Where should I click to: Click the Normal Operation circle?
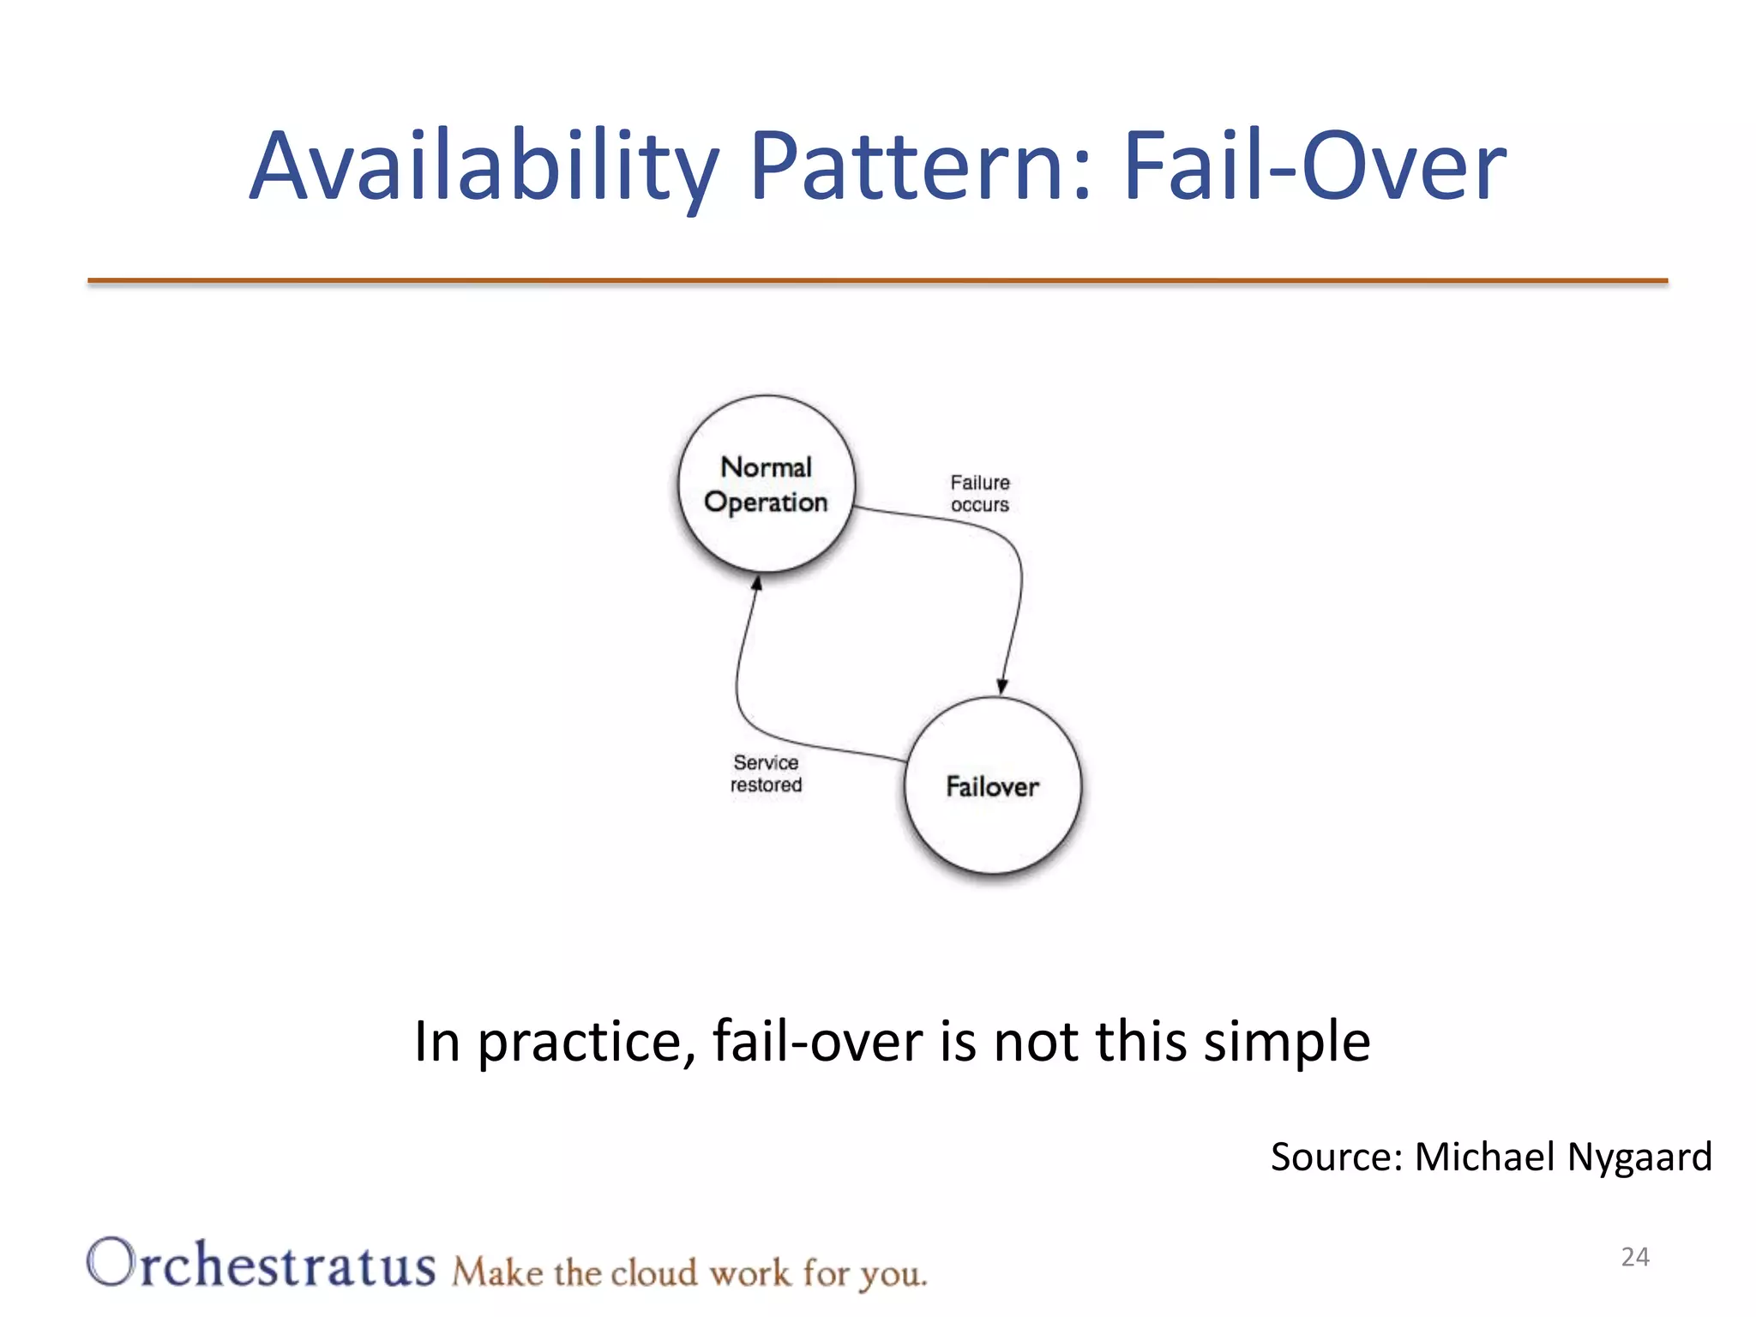[766, 484]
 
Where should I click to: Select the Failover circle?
[993, 786]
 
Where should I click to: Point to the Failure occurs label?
[980, 494]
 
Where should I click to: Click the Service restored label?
[766, 773]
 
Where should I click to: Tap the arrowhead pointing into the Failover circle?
[1001, 686]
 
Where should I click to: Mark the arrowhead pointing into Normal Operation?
[756, 584]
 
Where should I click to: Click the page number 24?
[1635, 1257]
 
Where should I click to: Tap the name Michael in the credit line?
[1484, 1158]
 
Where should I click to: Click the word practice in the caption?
[587, 1043]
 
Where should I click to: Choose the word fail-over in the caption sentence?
[817, 1043]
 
